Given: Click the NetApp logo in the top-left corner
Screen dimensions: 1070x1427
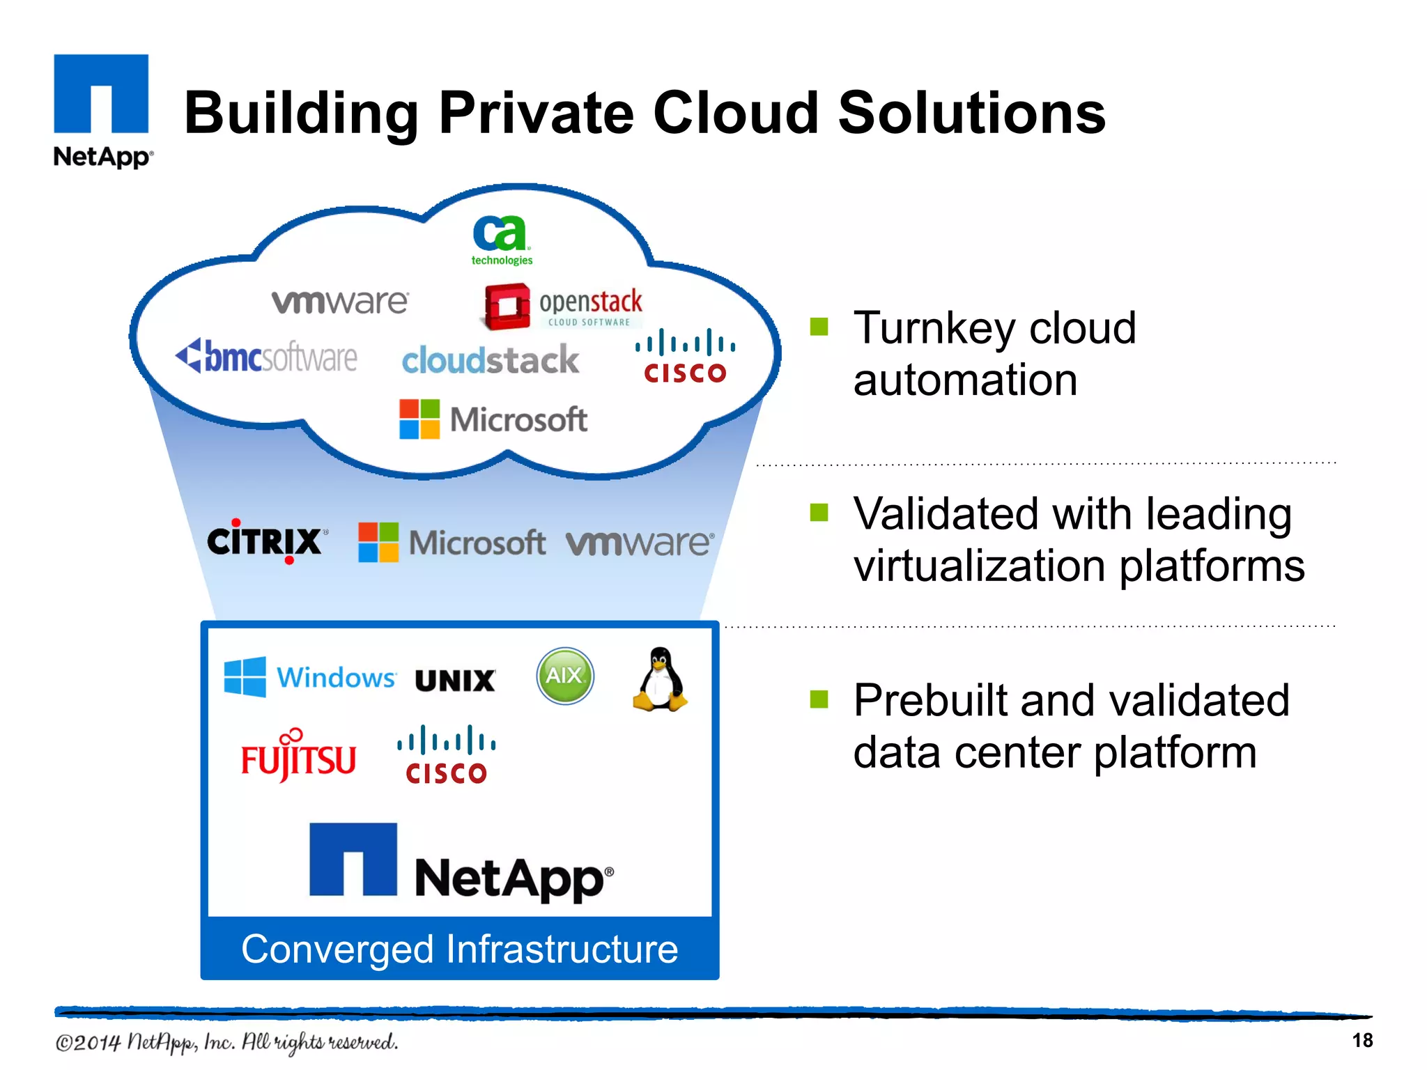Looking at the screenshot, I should click(x=102, y=110).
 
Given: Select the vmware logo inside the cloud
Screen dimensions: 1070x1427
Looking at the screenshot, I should click(x=340, y=301).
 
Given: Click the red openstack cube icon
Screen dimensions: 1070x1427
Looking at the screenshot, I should click(x=507, y=306).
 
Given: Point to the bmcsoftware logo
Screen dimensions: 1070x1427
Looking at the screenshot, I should click(x=266, y=357).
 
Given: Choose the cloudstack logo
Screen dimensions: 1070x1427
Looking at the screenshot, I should click(x=491, y=360).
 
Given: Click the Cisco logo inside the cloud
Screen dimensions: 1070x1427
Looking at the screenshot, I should click(x=685, y=357).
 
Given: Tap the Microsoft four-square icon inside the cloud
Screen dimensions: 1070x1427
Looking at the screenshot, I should click(x=419, y=419).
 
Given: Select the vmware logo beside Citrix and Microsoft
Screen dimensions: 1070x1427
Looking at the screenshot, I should click(x=640, y=543).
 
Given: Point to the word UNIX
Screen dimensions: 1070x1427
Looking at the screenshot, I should click(x=455, y=681).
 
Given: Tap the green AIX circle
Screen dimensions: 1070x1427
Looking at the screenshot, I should click(x=565, y=676).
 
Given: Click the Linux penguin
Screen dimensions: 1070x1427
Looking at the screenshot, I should click(x=660, y=679).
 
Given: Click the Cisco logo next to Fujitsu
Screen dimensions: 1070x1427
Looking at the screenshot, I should click(x=446, y=755).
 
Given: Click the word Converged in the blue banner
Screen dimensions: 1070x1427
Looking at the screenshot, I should click(x=337, y=949).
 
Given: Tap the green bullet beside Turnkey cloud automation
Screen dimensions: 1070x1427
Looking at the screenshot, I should click(x=819, y=327).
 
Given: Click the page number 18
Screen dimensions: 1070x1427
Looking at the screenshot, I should click(x=1362, y=1041).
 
